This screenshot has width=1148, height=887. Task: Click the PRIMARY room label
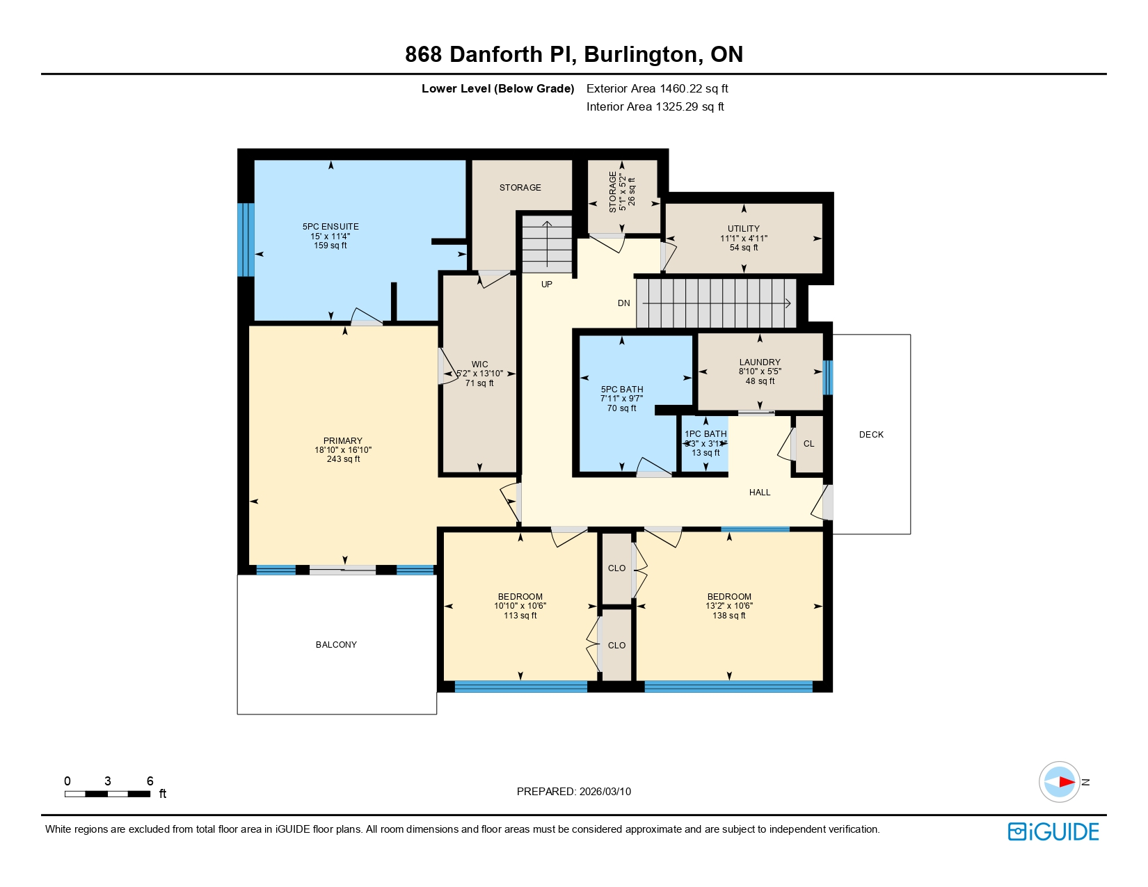click(x=342, y=440)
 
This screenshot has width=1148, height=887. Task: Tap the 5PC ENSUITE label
click(x=330, y=227)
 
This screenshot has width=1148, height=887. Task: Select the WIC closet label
click(x=479, y=364)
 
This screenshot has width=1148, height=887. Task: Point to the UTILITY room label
click(x=743, y=228)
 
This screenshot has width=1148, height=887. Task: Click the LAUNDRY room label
click(x=759, y=362)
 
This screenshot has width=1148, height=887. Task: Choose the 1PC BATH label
click(x=705, y=433)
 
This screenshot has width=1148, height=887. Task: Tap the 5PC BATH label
click(x=621, y=390)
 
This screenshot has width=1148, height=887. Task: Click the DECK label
click(x=870, y=434)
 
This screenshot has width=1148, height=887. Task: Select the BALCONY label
click(x=336, y=644)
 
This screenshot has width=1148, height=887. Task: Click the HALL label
click(x=759, y=492)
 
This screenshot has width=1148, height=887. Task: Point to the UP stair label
click(x=547, y=284)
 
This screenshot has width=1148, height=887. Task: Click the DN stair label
click(x=623, y=303)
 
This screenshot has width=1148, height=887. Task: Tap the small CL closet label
click(x=808, y=443)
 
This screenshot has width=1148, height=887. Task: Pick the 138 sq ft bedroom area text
click(x=728, y=615)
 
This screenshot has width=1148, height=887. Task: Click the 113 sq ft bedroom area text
click(x=520, y=615)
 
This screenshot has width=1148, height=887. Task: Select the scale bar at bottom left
click(x=108, y=793)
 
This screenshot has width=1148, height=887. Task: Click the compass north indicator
click(x=1060, y=781)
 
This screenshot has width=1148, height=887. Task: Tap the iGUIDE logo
click(x=1053, y=831)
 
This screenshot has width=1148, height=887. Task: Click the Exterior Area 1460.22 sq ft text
click(x=657, y=88)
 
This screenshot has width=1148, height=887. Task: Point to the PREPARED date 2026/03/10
click(x=573, y=791)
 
